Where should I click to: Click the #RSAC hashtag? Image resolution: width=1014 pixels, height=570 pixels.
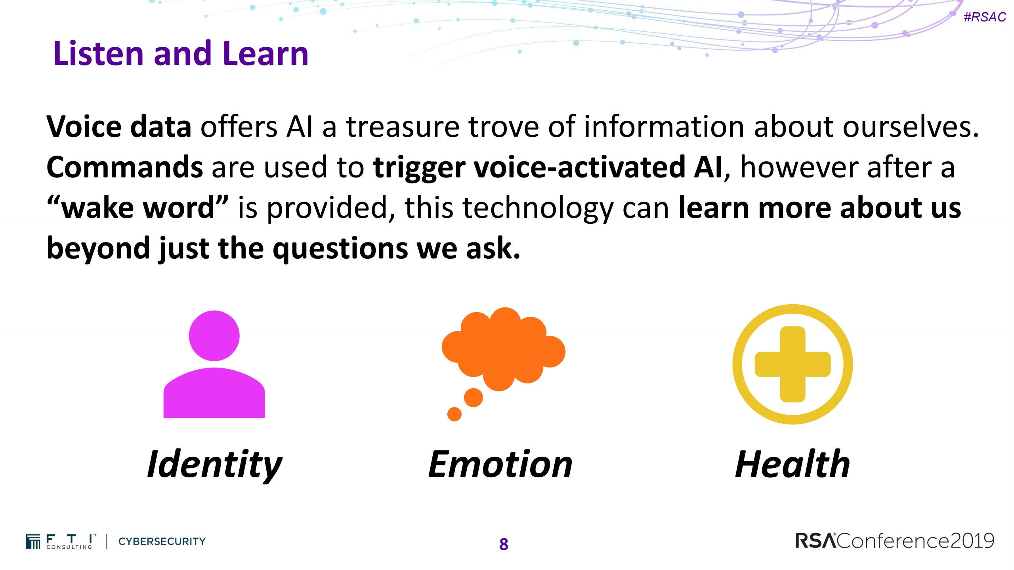coord(985,17)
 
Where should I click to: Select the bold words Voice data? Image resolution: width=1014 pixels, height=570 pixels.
coord(119,127)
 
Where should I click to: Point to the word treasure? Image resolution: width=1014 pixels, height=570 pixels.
coord(403,127)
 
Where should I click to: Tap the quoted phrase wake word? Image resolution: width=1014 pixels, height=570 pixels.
coord(138,208)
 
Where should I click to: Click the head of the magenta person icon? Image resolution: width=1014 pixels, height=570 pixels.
coord(214,336)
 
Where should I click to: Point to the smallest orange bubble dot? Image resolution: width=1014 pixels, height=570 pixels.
coord(454,414)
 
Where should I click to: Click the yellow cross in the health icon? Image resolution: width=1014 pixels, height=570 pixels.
coord(792,364)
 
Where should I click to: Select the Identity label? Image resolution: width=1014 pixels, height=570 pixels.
coord(214,465)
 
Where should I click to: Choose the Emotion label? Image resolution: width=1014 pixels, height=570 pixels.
coord(500,465)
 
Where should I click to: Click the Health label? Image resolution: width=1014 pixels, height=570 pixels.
coord(792,465)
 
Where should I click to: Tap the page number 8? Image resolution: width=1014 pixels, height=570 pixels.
coord(504,544)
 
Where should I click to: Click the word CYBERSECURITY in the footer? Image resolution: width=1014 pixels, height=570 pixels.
coord(162,541)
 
